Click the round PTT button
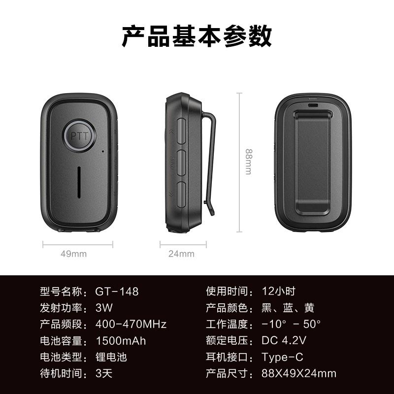coord(79,136)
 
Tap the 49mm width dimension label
coord(73,254)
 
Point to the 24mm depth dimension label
coord(181,254)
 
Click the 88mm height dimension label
coord(249,162)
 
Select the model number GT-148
coord(117,292)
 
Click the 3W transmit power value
coord(104,308)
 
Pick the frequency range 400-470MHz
coord(131,324)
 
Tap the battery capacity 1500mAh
coord(121,341)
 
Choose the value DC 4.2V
coord(284,340)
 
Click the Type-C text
coord(282,357)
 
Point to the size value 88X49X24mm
coord(299,373)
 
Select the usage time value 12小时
coord(278,292)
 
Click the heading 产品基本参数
coord(197,36)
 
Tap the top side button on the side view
coord(181,131)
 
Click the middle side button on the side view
coord(181,163)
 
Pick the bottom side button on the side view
coord(181,195)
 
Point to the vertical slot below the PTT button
coord(79,182)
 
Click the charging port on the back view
coord(313,105)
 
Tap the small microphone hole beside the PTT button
coord(103,151)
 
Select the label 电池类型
coord(61,357)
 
